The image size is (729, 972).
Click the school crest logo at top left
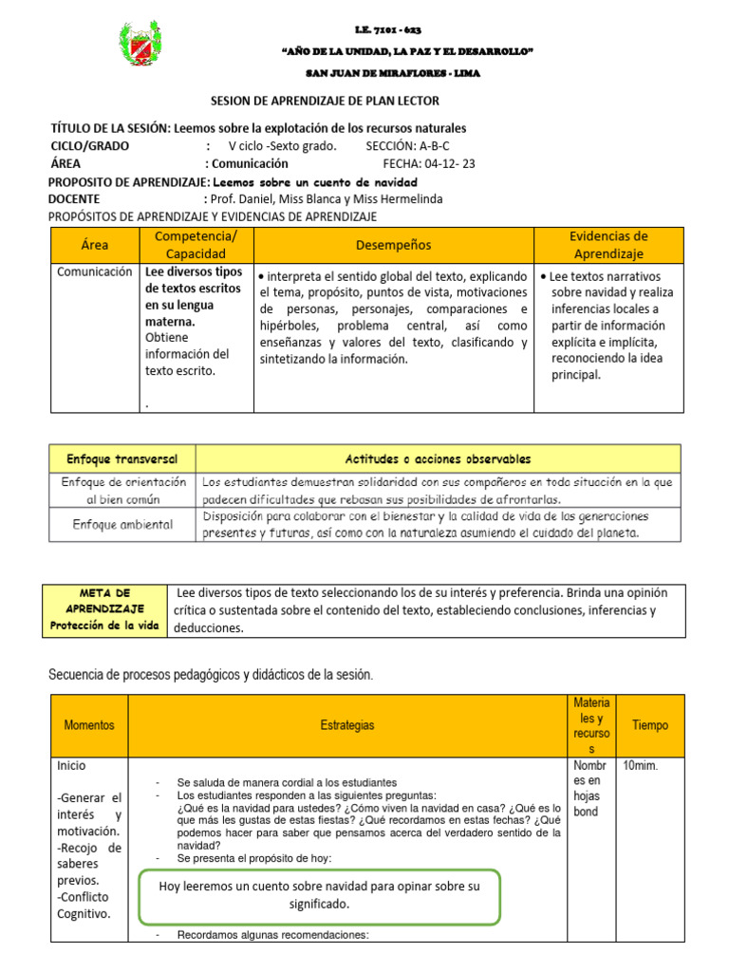pos(145,47)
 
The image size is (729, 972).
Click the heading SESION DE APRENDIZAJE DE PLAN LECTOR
pos(324,101)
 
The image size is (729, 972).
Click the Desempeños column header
pos(393,245)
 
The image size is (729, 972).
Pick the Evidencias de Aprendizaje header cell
pos(607,245)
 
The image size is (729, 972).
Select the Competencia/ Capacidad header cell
pos(196,245)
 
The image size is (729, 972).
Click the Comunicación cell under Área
pos(95,271)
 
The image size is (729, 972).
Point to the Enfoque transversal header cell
pos(121,458)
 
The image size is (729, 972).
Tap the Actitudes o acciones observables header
pos(438,458)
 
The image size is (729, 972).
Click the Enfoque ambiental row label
pos(121,524)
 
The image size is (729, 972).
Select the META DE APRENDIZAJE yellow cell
pos(104,609)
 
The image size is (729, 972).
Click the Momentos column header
pos(89,725)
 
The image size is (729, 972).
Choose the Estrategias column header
pos(347,725)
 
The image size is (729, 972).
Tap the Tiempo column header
pos(649,725)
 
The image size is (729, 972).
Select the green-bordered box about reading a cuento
pos(319,895)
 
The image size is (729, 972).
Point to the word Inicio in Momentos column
pos(72,765)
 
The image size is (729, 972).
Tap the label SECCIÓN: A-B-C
pos(407,146)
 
